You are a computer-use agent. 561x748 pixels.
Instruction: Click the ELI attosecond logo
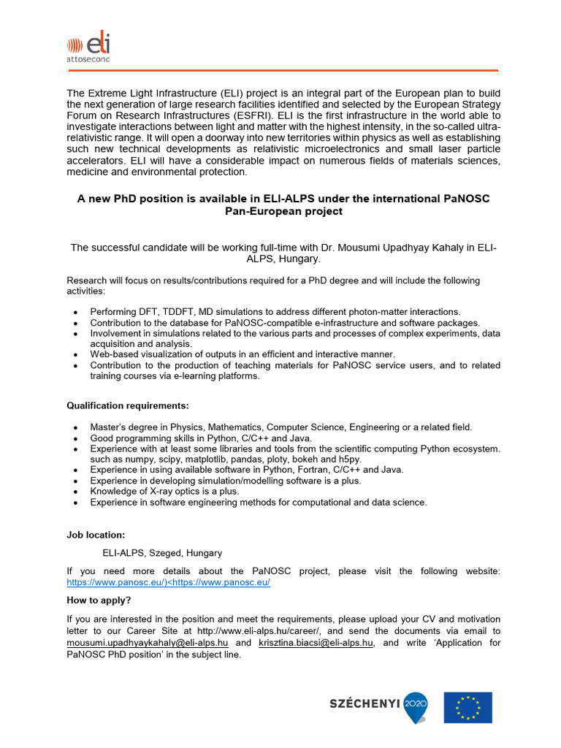88,48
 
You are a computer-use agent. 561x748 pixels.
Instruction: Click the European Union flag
467,707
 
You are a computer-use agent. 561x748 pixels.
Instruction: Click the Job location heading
96,535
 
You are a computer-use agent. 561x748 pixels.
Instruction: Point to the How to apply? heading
99,600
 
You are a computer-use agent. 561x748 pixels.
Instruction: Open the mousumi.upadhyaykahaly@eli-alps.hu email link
148,643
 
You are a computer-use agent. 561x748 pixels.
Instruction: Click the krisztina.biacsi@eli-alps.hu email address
316,643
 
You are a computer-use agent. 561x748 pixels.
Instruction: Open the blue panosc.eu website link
168,583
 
